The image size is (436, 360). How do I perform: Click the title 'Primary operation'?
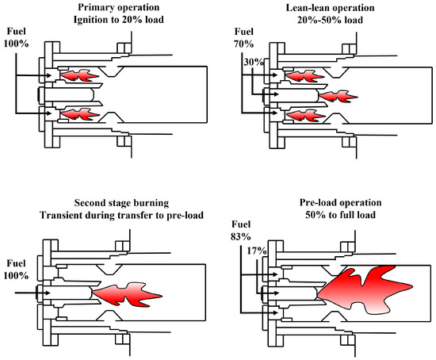[119, 7]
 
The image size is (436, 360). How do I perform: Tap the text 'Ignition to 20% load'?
[119, 20]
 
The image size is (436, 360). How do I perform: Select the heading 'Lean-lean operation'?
[330, 8]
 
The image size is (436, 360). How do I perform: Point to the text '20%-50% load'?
[330, 20]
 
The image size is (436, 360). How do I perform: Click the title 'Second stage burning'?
[121, 203]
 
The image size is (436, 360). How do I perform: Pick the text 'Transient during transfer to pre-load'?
[121, 215]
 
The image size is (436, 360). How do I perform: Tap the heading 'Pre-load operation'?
[340, 202]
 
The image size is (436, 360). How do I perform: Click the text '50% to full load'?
[340, 215]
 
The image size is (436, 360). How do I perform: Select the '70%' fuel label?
[244, 44]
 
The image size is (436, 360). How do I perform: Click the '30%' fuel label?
[254, 62]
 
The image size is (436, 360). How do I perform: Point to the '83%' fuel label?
[241, 236]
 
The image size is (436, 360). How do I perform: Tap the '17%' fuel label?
[257, 251]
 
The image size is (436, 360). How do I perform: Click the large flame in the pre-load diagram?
[365, 289]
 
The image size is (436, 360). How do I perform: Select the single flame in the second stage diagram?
[127, 295]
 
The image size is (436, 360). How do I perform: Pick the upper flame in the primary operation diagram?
[80, 75]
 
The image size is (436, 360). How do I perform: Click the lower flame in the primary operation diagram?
[80, 114]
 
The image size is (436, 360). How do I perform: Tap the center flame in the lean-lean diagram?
[338, 97]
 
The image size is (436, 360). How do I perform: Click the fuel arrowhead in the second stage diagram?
[48, 293]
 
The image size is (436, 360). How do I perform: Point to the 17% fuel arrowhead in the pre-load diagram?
[276, 293]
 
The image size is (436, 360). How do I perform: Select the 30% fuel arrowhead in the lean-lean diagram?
[275, 94]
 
